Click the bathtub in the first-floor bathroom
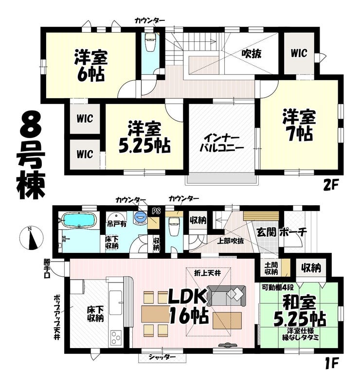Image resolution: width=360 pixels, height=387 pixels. (x=79, y=220)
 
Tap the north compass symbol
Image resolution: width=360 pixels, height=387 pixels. (x=31, y=238)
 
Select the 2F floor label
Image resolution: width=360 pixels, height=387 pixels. (x=330, y=186)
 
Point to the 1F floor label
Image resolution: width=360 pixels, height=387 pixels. (x=330, y=363)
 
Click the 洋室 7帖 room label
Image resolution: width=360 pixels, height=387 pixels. (x=299, y=125)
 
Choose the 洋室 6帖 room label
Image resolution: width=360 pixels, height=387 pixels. (x=91, y=65)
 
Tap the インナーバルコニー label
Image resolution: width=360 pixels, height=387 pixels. (x=221, y=143)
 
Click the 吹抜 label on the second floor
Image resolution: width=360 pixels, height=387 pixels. (x=252, y=53)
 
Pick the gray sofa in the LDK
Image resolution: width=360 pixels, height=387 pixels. (x=227, y=296)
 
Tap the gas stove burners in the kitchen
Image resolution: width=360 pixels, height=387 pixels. (x=116, y=337)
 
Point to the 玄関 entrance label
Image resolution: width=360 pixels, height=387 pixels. (x=266, y=232)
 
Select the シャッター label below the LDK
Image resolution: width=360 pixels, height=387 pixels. (x=162, y=357)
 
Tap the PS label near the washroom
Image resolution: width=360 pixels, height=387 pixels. (x=156, y=211)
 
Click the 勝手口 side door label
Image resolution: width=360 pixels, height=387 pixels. (x=47, y=268)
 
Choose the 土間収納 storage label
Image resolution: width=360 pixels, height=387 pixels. (x=271, y=269)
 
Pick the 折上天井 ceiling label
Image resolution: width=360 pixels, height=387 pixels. (x=207, y=273)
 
